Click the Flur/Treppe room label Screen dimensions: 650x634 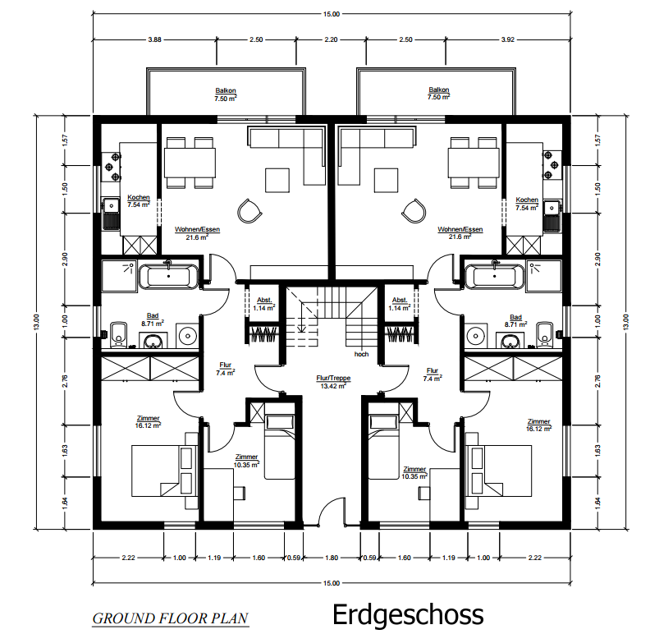click(x=333, y=382)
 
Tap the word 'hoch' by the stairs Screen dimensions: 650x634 click(x=361, y=354)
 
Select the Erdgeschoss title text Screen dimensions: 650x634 click(x=408, y=615)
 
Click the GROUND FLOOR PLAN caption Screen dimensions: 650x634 click(x=170, y=618)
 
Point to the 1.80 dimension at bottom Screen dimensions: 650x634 click(x=332, y=558)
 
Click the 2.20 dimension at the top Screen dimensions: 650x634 click(x=331, y=39)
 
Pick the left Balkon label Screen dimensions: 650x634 click(x=226, y=94)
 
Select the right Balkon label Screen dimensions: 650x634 click(x=438, y=93)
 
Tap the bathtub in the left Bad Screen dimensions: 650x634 click(x=168, y=276)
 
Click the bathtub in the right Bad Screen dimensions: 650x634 click(x=495, y=276)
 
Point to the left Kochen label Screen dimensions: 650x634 click(x=139, y=201)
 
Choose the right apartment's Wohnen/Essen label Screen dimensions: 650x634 click(x=460, y=232)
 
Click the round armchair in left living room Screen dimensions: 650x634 click(x=249, y=211)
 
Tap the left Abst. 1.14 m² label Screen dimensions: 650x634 click(x=264, y=304)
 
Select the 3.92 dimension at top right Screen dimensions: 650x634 click(x=507, y=39)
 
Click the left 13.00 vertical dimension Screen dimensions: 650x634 click(x=36, y=322)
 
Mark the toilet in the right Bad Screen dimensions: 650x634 click(x=544, y=333)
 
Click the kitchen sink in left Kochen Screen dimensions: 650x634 click(x=111, y=214)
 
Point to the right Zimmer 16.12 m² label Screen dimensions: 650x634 click(x=538, y=425)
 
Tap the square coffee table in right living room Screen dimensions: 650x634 click(x=386, y=180)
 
